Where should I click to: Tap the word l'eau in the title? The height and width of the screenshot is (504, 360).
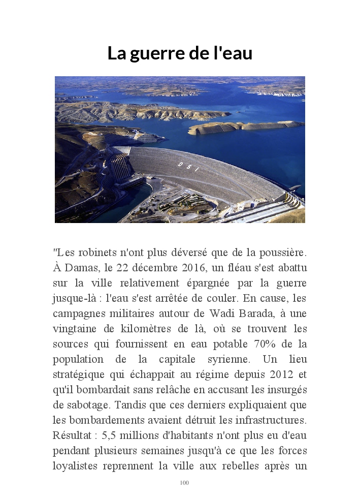pyautogui.click(x=232, y=53)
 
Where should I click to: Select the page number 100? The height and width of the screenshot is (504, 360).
pyautogui.click(x=184, y=483)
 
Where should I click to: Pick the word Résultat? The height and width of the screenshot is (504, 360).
pyautogui.click(x=71, y=436)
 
